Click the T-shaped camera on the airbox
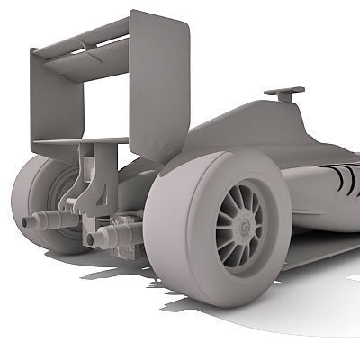click(283, 92)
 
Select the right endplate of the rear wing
click(160, 85)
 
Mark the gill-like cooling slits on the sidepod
click(345, 177)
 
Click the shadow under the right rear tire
click(270, 310)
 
